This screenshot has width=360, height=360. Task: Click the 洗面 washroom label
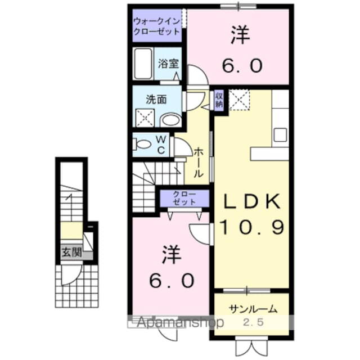pyautogui.click(x=156, y=100)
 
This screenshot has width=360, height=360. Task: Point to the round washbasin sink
pyautogui.click(x=169, y=119)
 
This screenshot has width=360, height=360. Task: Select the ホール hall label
pyautogui.click(x=199, y=163)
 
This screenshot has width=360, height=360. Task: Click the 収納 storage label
pyautogui.click(x=219, y=100)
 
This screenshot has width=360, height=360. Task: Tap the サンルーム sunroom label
pyautogui.click(x=253, y=309)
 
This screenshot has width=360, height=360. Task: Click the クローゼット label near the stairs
pyautogui.click(x=184, y=198)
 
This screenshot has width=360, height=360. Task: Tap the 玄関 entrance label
pyautogui.click(x=71, y=253)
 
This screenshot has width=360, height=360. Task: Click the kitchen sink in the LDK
pyautogui.click(x=280, y=135)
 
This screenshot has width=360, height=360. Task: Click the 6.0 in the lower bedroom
pyautogui.click(x=172, y=279)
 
